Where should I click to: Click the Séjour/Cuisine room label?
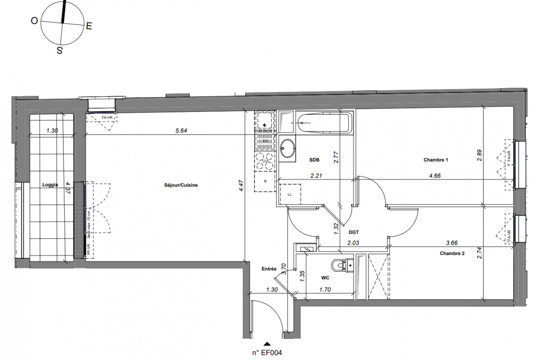(x=181, y=185)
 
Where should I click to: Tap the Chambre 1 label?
(x=436, y=160)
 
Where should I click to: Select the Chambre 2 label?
(x=452, y=253)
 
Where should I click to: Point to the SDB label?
(x=314, y=160)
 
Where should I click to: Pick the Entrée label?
(x=269, y=269)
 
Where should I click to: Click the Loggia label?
(x=51, y=184)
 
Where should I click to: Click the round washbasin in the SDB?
(x=287, y=148)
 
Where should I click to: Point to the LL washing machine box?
(x=289, y=195)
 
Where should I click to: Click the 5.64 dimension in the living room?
(x=181, y=131)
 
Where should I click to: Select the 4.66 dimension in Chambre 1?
(x=435, y=176)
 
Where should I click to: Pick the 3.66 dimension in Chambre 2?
(x=452, y=243)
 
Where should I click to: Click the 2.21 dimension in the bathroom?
(x=316, y=176)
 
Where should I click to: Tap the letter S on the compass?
(x=59, y=51)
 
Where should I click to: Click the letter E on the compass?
(x=89, y=26)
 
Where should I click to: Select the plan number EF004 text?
(x=267, y=354)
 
